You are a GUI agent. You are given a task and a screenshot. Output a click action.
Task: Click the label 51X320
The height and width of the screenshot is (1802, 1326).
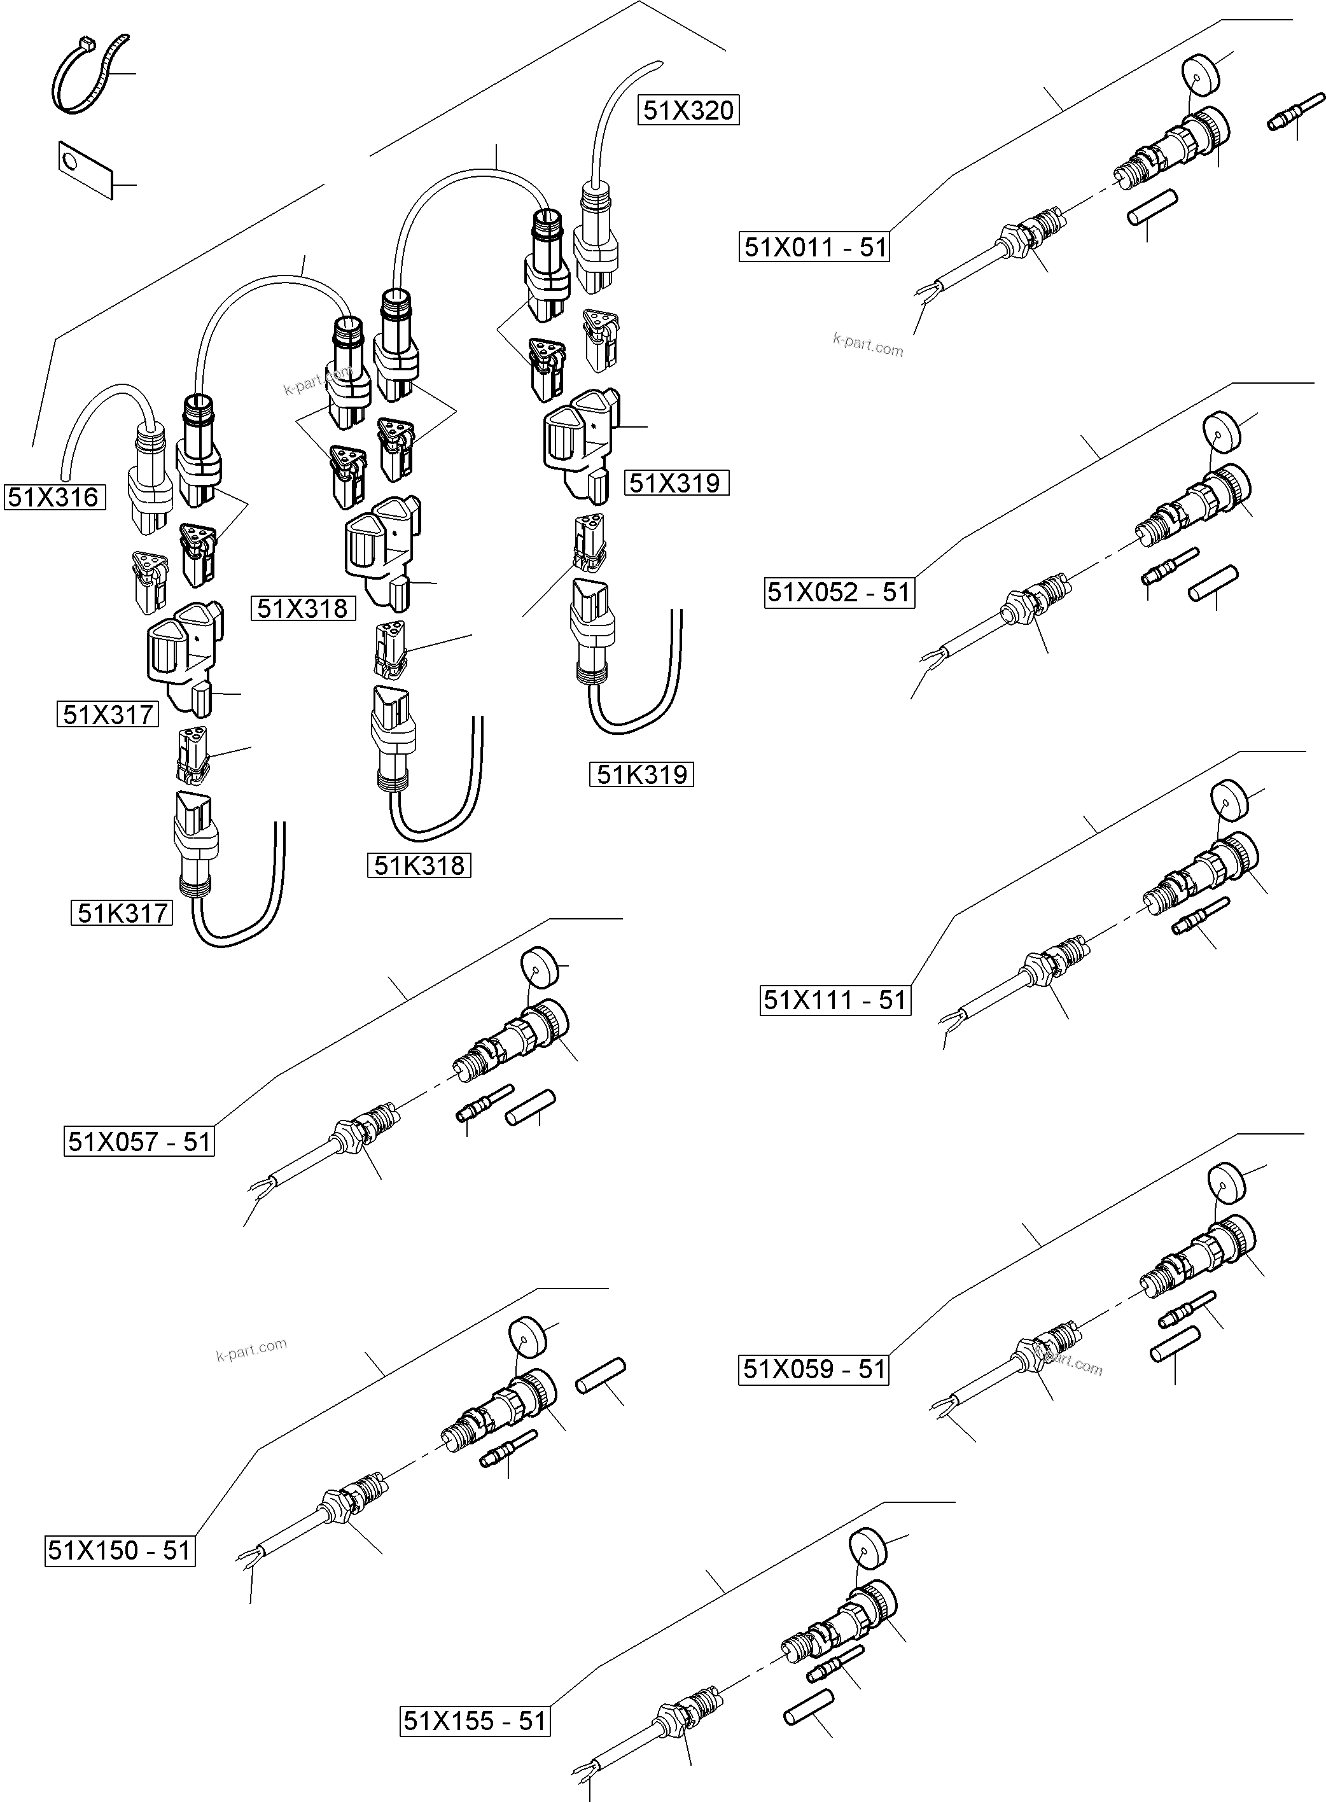(x=688, y=110)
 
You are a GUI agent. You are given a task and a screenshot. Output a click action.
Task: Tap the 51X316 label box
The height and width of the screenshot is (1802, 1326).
(x=55, y=497)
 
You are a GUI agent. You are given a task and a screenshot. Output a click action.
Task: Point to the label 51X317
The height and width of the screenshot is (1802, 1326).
(x=108, y=713)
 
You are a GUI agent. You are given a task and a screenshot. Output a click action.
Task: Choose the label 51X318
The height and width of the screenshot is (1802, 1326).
(x=303, y=608)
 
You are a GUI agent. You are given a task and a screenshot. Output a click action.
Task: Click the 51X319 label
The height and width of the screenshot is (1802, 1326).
(x=676, y=482)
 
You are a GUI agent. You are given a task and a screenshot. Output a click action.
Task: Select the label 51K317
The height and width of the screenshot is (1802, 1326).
(x=122, y=912)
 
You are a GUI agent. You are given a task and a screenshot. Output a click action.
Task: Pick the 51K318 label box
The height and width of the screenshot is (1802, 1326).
(x=419, y=865)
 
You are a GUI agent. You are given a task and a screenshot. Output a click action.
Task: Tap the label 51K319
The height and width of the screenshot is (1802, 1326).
(x=641, y=774)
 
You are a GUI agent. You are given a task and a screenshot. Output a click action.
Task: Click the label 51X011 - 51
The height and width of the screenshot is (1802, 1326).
(x=814, y=246)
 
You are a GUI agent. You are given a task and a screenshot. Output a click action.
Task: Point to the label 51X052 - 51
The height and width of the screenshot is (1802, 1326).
(x=839, y=592)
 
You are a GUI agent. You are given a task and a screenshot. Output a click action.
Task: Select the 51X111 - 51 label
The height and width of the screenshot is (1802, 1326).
(x=835, y=1000)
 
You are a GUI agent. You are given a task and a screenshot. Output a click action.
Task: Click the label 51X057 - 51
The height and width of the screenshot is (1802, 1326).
(x=139, y=1142)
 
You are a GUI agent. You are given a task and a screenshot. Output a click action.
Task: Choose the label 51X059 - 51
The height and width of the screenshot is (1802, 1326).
(x=813, y=1369)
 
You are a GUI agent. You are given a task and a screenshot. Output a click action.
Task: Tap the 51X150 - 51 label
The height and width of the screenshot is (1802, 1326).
(x=120, y=1550)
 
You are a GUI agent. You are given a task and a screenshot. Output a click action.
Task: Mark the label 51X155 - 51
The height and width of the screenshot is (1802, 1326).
(x=475, y=1720)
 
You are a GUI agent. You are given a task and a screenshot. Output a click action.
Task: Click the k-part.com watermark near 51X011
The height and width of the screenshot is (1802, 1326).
(x=868, y=345)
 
